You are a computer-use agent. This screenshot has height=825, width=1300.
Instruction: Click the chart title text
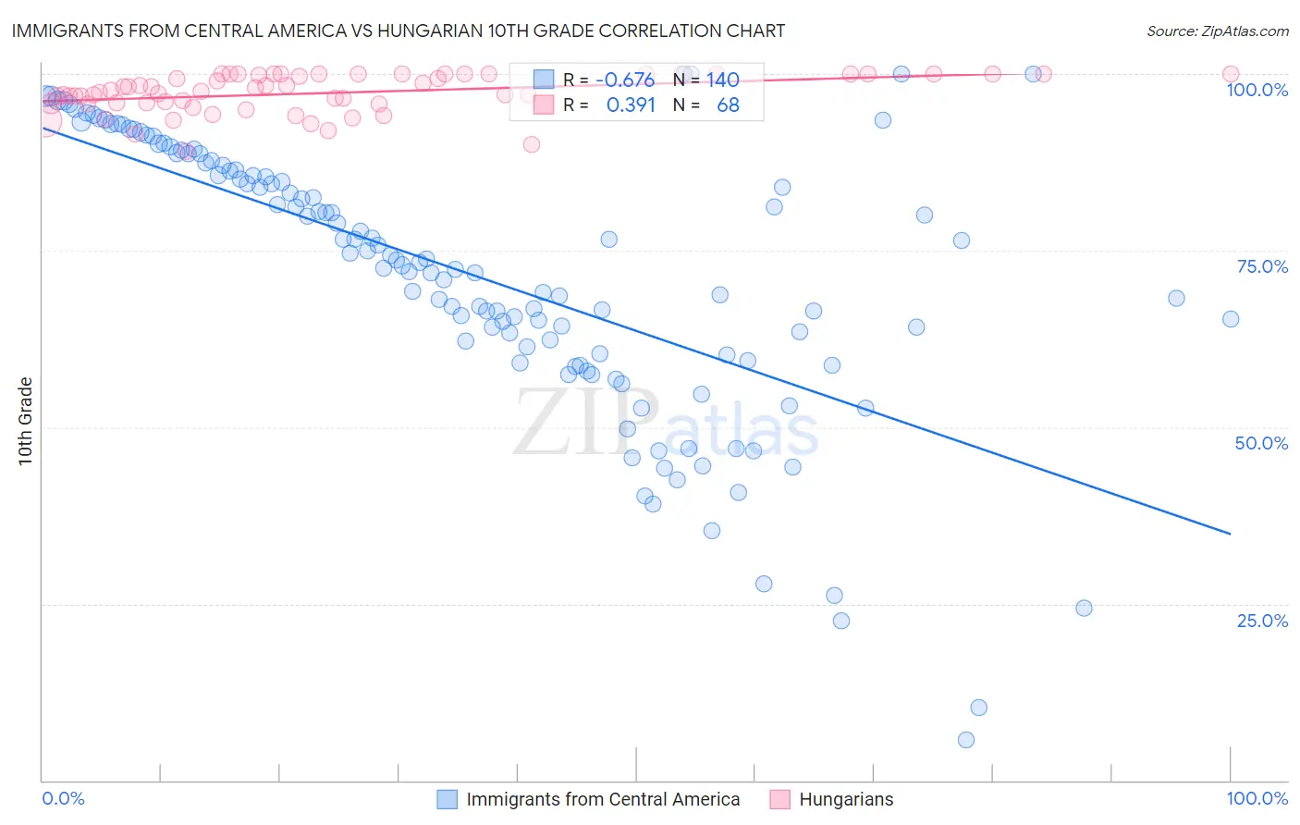[x=399, y=31]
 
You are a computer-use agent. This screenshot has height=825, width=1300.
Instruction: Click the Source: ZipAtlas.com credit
[x=1217, y=31]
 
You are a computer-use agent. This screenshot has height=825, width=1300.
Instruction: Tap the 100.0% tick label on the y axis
[x=1257, y=90]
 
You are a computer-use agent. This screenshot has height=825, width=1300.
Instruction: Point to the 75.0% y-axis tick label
[x=1261, y=266]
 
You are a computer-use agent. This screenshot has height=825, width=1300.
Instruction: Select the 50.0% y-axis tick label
[x=1261, y=443]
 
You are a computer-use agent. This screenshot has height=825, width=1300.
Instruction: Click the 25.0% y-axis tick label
[x=1261, y=620]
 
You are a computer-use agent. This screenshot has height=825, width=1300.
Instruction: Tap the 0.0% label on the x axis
[x=63, y=798]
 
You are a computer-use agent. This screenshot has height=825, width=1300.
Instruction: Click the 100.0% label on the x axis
[x=1257, y=798]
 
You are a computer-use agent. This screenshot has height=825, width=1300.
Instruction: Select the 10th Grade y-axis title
[x=25, y=421]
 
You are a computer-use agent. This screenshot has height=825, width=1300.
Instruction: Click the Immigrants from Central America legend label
[x=603, y=799]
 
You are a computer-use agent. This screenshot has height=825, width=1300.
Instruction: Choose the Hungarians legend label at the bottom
[x=846, y=799]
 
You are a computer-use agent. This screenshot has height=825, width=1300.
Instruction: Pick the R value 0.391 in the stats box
[x=631, y=105]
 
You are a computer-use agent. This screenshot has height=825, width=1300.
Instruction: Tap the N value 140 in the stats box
[x=723, y=80]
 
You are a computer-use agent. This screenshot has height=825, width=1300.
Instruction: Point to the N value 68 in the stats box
[x=728, y=105]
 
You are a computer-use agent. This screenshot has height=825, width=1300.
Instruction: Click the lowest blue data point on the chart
[x=966, y=740]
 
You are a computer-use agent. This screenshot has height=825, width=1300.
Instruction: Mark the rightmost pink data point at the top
[x=1231, y=74]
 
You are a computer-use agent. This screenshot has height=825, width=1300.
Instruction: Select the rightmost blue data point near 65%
[x=1231, y=319]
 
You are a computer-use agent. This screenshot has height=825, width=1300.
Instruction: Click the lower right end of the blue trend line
[x=1230, y=534]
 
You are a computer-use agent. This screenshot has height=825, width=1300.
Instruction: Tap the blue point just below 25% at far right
[x=1085, y=609]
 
